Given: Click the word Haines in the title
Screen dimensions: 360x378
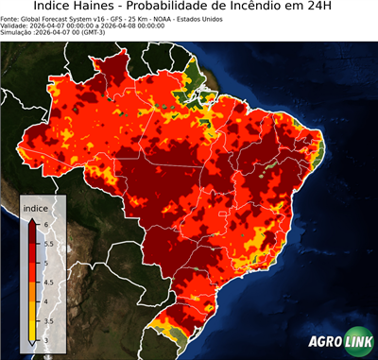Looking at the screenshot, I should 105,8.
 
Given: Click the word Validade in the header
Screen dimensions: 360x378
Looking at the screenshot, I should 16,26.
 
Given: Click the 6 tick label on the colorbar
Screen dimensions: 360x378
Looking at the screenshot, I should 44,223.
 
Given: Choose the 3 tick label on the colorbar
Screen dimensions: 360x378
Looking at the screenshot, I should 44,342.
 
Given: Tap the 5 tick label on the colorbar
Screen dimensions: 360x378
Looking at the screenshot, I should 44,263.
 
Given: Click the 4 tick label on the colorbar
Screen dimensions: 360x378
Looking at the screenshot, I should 44,302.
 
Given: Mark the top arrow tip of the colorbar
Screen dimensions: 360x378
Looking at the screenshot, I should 32,217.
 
